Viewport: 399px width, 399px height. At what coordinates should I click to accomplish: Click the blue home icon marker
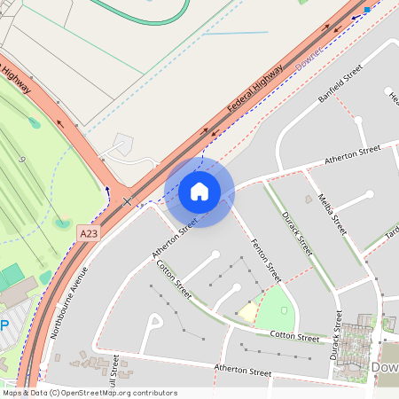199,192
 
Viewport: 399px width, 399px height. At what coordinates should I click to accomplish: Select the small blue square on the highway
367,10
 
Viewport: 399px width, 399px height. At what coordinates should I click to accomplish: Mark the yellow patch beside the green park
247,312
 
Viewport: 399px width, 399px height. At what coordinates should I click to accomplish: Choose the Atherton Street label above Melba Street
353,153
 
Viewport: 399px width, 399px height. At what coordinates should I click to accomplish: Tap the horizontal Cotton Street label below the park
294,336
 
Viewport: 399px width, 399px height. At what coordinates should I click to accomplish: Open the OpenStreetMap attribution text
90,393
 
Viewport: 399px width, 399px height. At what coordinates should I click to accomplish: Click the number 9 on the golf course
20,158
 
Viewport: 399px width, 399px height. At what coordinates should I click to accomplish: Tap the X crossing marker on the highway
127,201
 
